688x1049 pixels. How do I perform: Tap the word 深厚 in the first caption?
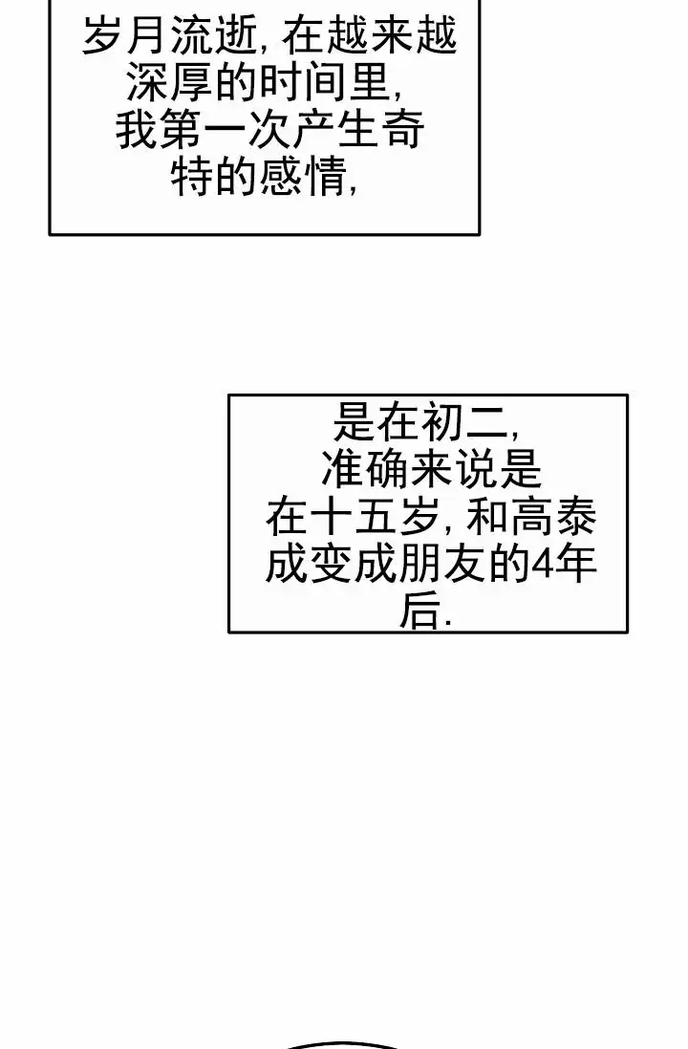coord(168,84)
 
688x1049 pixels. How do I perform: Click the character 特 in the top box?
coord(190,177)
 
